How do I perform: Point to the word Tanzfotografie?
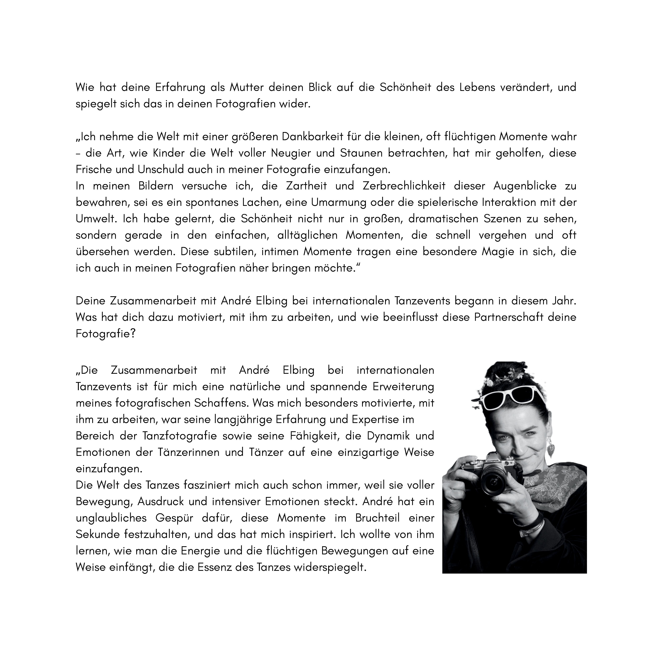[180, 436]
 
